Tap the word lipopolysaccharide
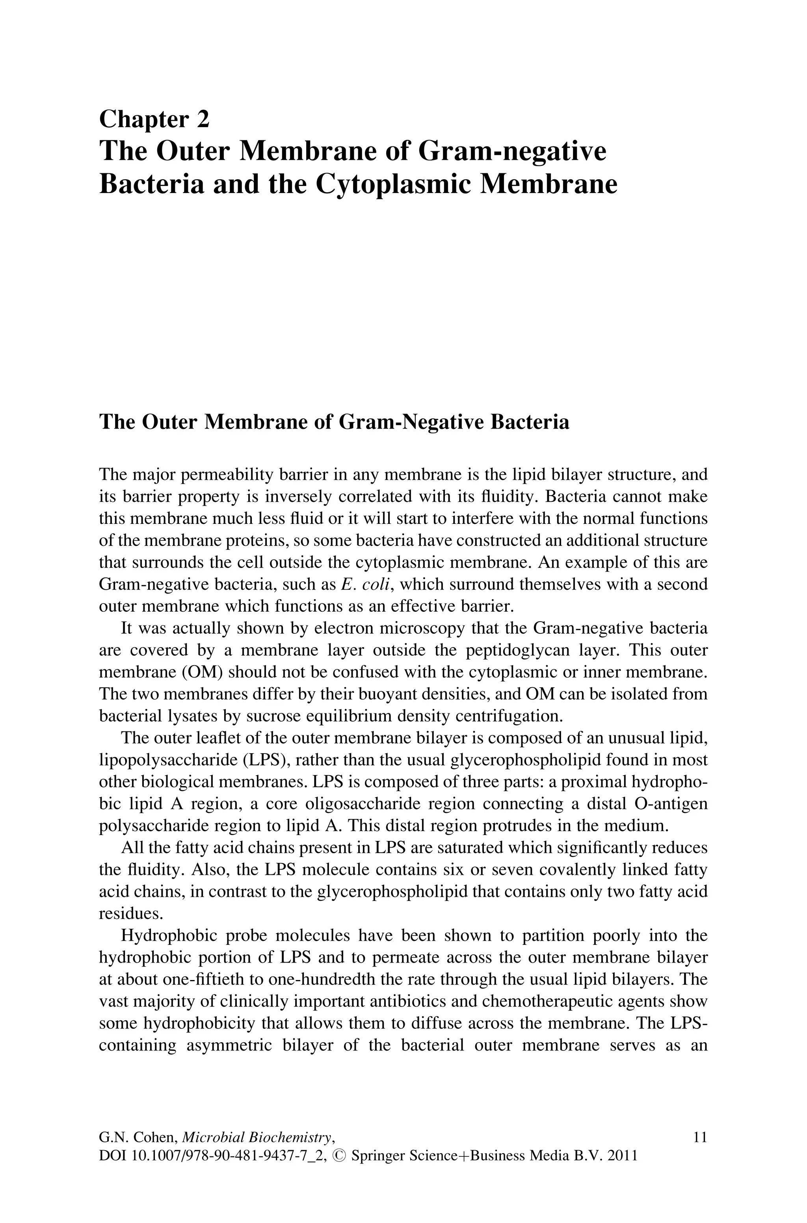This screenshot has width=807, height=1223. point(167,760)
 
